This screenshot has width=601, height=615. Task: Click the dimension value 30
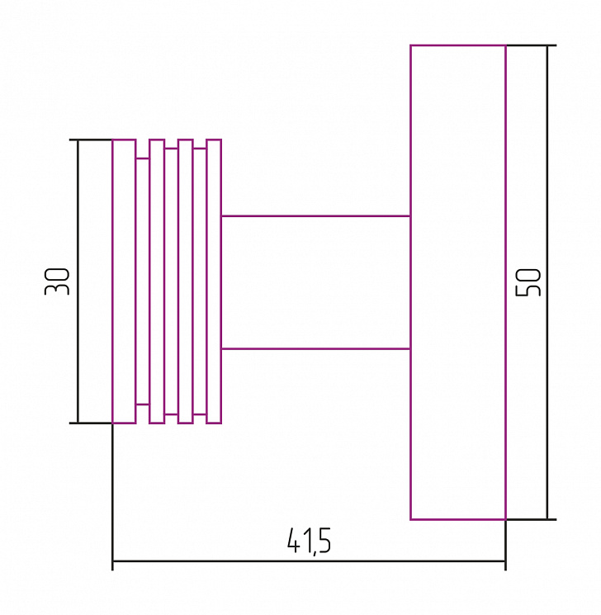coord(57,281)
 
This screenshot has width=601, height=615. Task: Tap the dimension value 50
coord(528,282)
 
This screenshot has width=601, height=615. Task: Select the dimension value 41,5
coord(309,541)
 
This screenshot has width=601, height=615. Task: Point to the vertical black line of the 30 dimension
coord(78,281)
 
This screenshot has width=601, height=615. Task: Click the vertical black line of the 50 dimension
coord(547,282)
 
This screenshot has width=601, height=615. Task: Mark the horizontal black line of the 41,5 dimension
coord(309,561)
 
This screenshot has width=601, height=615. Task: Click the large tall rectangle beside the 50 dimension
coord(458,282)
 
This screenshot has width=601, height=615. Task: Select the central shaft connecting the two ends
coord(316,282)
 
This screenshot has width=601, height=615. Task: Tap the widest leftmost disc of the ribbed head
coord(124,281)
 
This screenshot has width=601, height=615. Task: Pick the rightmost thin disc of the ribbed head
coord(214,281)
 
